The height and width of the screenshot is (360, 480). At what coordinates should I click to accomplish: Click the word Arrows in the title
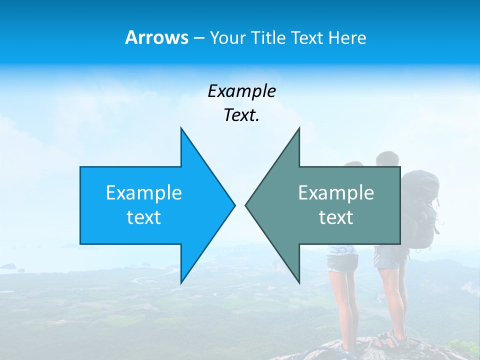pyautogui.click(x=156, y=37)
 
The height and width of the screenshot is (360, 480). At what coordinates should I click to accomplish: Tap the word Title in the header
pyautogui.click(x=269, y=38)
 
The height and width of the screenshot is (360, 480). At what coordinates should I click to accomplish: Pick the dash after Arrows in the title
pyautogui.click(x=198, y=38)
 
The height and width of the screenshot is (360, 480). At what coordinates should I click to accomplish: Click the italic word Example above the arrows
pyautogui.click(x=241, y=91)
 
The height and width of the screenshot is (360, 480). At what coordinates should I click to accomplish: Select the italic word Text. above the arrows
pyautogui.click(x=241, y=115)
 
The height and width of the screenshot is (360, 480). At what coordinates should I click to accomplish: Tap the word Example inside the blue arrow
pyautogui.click(x=144, y=193)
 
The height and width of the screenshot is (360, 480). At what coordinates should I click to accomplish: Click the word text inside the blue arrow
pyautogui.click(x=144, y=217)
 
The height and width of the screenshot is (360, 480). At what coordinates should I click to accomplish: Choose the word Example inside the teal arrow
pyautogui.click(x=336, y=193)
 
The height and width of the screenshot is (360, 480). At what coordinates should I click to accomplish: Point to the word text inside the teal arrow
pyautogui.click(x=336, y=217)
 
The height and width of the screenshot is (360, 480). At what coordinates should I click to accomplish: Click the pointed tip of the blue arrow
pyautogui.click(x=234, y=205)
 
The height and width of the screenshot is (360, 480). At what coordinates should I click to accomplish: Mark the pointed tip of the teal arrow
pyautogui.click(x=246, y=205)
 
